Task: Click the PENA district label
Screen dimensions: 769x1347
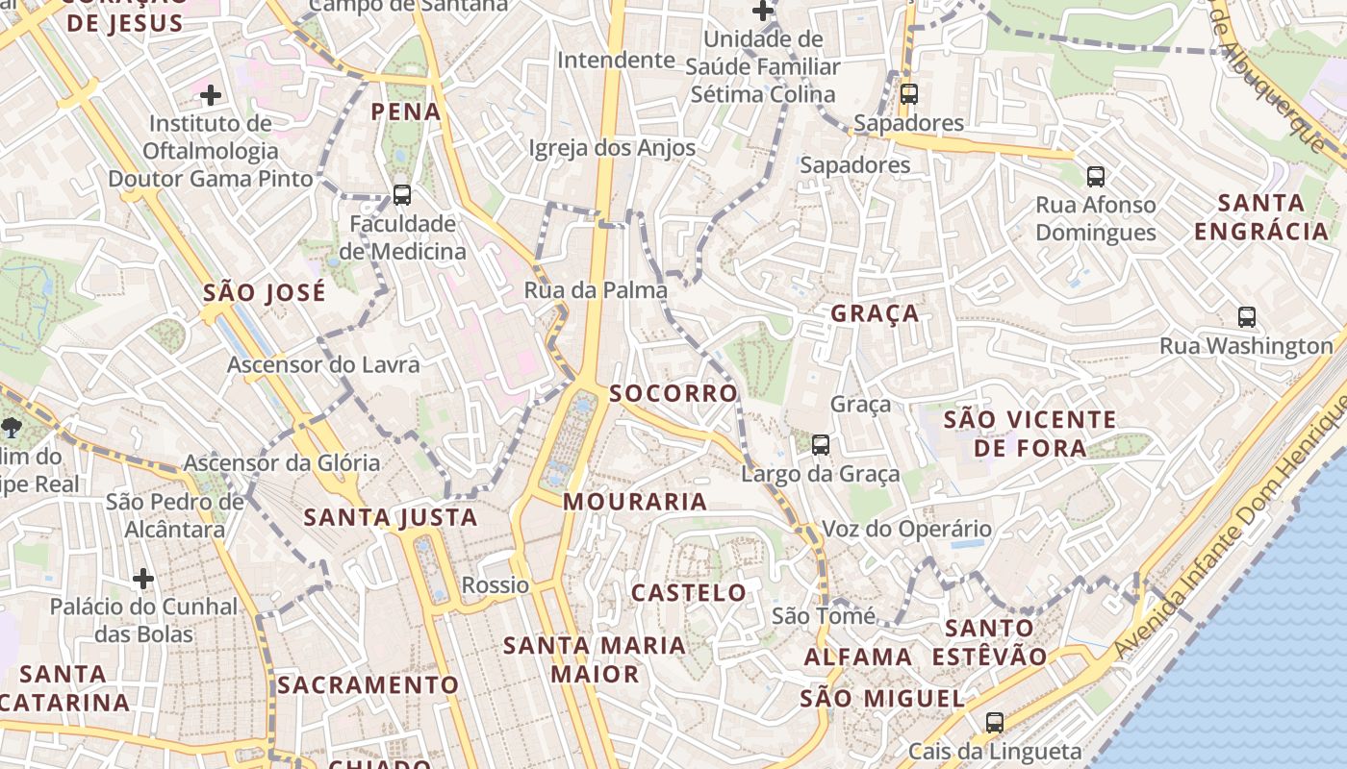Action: tap(406, 112)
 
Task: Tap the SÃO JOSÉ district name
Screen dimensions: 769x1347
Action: tap(265, 292)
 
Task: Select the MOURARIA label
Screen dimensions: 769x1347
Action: tap(635, 501)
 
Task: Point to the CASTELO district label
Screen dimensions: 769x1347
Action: tap(688, 592)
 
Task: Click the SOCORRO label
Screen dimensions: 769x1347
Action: tap(673, 393)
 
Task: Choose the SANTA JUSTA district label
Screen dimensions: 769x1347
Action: tap(391, 517)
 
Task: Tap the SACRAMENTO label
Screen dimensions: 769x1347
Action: tap(369, 684)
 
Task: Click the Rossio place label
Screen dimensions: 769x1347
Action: tap(496, 584)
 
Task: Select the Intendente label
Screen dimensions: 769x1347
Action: tap(616, 60)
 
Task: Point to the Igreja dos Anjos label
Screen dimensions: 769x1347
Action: tap(612, 148)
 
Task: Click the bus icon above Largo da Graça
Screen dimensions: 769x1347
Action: tap(821, 444)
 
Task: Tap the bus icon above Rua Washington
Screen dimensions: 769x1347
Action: tap(1247, 316)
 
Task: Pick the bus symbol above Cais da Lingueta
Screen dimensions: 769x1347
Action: tap(995, 721)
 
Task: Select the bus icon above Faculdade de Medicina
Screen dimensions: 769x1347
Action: tap(402, 194)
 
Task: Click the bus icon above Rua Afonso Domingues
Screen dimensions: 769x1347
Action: tap(1096, 176)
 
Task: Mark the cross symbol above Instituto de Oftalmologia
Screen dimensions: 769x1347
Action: tap(211, 94)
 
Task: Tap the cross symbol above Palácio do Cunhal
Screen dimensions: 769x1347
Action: tap(143, 578)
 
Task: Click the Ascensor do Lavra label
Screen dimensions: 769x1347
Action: tap(323, 364)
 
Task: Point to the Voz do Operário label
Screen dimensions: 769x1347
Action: tap(905, 529)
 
